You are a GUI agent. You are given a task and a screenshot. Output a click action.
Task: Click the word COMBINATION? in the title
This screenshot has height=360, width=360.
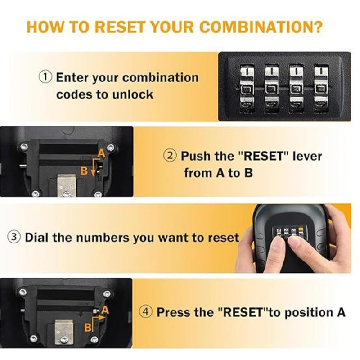(262, 27)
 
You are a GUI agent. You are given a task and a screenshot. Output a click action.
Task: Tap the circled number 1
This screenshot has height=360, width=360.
(45, 76)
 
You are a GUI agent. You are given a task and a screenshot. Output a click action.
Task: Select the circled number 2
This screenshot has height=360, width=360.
(170, 156)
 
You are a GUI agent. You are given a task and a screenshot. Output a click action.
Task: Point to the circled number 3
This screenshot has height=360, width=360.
(14, 237)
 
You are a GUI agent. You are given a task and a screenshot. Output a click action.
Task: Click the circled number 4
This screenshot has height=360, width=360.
(146, 312)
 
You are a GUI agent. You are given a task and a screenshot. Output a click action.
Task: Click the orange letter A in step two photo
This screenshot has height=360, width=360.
(101, 153)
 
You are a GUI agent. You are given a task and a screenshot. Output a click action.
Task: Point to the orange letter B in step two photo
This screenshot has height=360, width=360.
(84, 171)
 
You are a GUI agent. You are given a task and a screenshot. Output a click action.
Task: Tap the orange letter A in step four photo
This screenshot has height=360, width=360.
(105, 310)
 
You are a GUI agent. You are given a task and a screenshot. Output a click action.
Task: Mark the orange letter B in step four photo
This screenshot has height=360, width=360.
(88, 328)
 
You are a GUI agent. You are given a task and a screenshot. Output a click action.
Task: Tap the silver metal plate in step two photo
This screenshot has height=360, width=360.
(66, 185)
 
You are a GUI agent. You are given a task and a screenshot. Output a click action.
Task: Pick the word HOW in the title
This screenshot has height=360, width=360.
(45, 27)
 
